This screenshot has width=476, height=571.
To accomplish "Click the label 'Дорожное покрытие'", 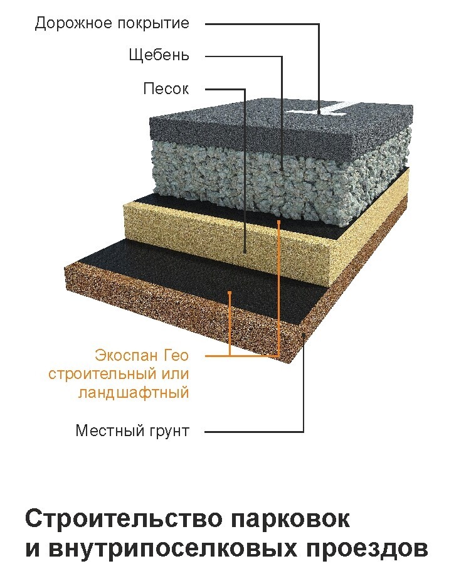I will (x=112, y=24).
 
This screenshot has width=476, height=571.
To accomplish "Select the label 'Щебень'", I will (x=159, y=55).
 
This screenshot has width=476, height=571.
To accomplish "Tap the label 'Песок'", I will (x=166, y=88).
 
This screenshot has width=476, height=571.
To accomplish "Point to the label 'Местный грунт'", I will (x=132, y=431).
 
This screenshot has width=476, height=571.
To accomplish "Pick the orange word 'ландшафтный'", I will (x=134, y=393).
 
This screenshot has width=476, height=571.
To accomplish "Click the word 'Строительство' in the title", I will (x=123, y=520).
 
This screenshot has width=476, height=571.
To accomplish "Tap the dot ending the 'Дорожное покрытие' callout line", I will (x=319, y=112).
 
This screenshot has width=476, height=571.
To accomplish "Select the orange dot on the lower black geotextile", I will (x=230, y=292).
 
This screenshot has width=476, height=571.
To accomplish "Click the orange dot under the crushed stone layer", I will (x=278, y=221).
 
